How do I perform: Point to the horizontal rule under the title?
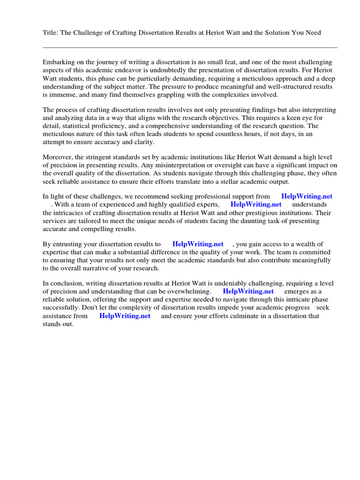(x=190, y=47)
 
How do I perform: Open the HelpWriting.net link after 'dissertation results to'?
(x=198, y=244)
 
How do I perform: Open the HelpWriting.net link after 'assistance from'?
(x=125, y=316)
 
